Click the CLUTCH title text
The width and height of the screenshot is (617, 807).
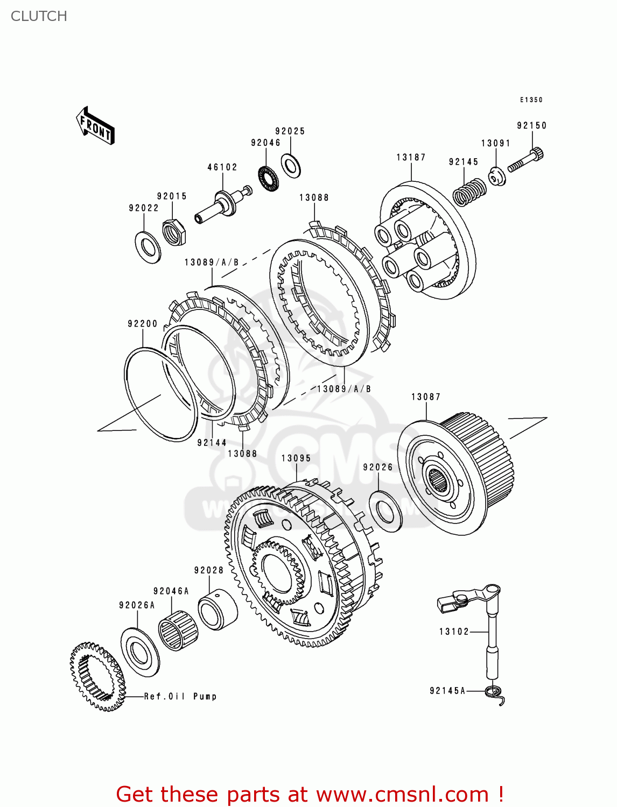tap(39, 16)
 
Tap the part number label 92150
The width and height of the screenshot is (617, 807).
tap(531, 125)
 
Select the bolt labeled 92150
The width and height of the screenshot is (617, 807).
tap(525, 161)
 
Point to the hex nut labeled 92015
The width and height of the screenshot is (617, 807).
tap(174, 232)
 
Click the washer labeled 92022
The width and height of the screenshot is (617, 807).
tap(147, 246)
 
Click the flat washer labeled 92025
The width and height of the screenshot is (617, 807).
tap(291, 165)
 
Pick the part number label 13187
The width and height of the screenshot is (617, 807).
tap(411, 157)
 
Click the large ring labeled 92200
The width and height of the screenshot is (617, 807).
tap(160, 394)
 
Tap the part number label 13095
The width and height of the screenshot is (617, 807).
tap(296, 458)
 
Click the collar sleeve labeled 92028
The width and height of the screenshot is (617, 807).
tap(217, 610)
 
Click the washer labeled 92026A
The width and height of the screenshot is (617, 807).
tap(140, 653)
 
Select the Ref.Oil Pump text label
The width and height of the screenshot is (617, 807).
tap(180, 696)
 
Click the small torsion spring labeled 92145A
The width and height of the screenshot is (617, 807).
tap(495, 693)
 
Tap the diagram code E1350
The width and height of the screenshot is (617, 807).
tap(531, 100)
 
